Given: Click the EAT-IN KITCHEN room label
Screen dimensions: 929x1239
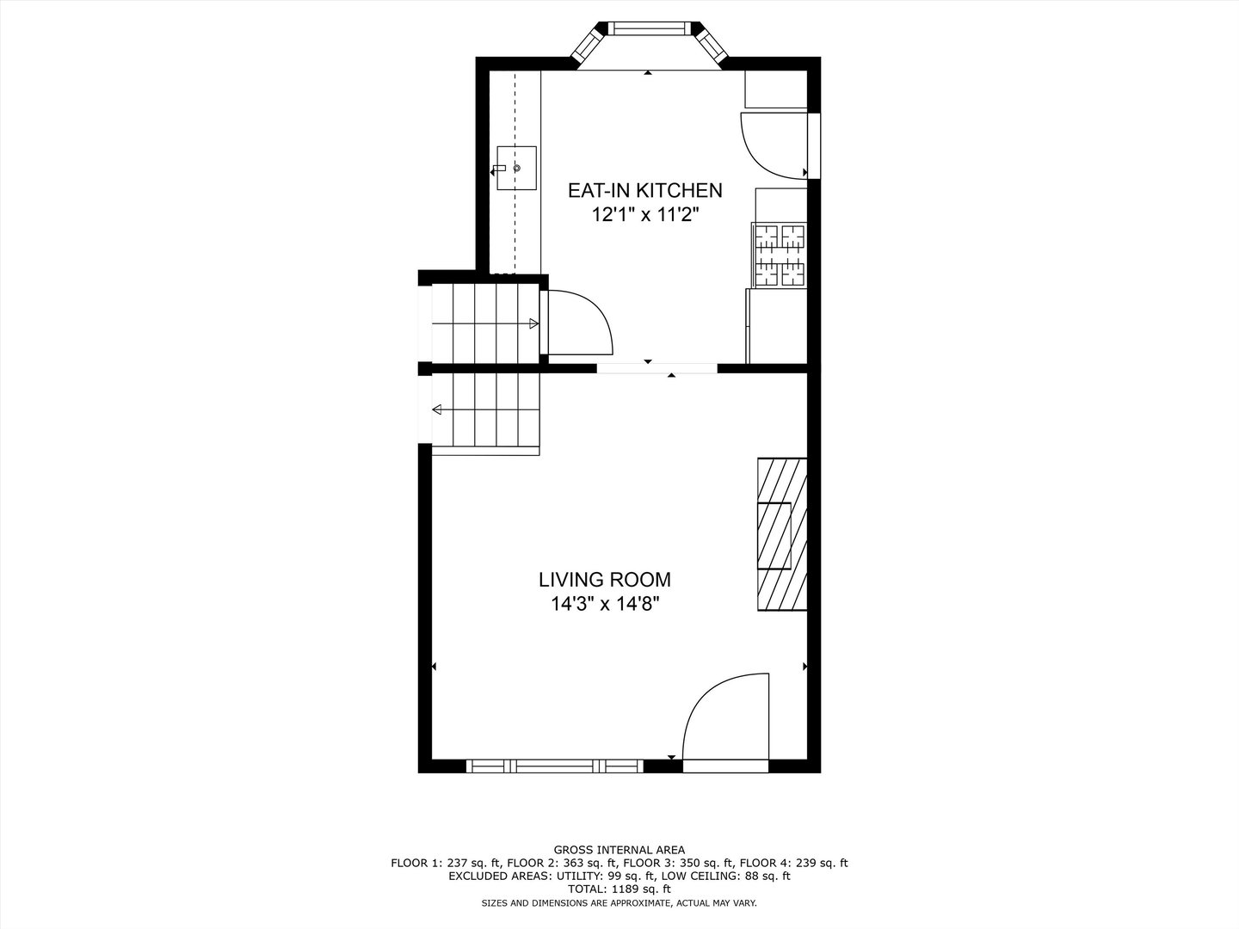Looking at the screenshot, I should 644,190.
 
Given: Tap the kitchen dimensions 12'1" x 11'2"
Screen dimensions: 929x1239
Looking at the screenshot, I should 644,215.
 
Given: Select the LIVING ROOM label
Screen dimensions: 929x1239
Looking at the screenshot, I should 605,580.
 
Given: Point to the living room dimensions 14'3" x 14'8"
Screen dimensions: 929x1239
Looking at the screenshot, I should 611,604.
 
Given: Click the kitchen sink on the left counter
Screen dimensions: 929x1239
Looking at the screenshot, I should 515,168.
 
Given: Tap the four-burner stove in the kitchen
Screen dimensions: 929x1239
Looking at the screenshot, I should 779,255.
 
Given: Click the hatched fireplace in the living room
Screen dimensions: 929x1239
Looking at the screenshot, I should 781,534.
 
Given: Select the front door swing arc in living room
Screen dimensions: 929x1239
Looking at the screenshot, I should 724,718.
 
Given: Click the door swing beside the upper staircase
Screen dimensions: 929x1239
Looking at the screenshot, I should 578,323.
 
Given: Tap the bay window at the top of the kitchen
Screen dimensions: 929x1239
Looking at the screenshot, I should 650,31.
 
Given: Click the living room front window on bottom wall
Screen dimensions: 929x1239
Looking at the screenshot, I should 555,766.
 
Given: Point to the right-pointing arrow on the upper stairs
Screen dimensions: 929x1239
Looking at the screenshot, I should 534,323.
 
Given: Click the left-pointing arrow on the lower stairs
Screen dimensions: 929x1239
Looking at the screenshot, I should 437,409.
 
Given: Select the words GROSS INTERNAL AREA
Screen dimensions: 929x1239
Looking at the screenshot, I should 619,850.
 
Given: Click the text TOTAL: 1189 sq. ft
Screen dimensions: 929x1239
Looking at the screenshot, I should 619,889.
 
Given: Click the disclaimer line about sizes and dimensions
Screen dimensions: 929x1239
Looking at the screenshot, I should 619,902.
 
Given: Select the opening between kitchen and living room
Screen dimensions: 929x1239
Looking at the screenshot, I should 657,368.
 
